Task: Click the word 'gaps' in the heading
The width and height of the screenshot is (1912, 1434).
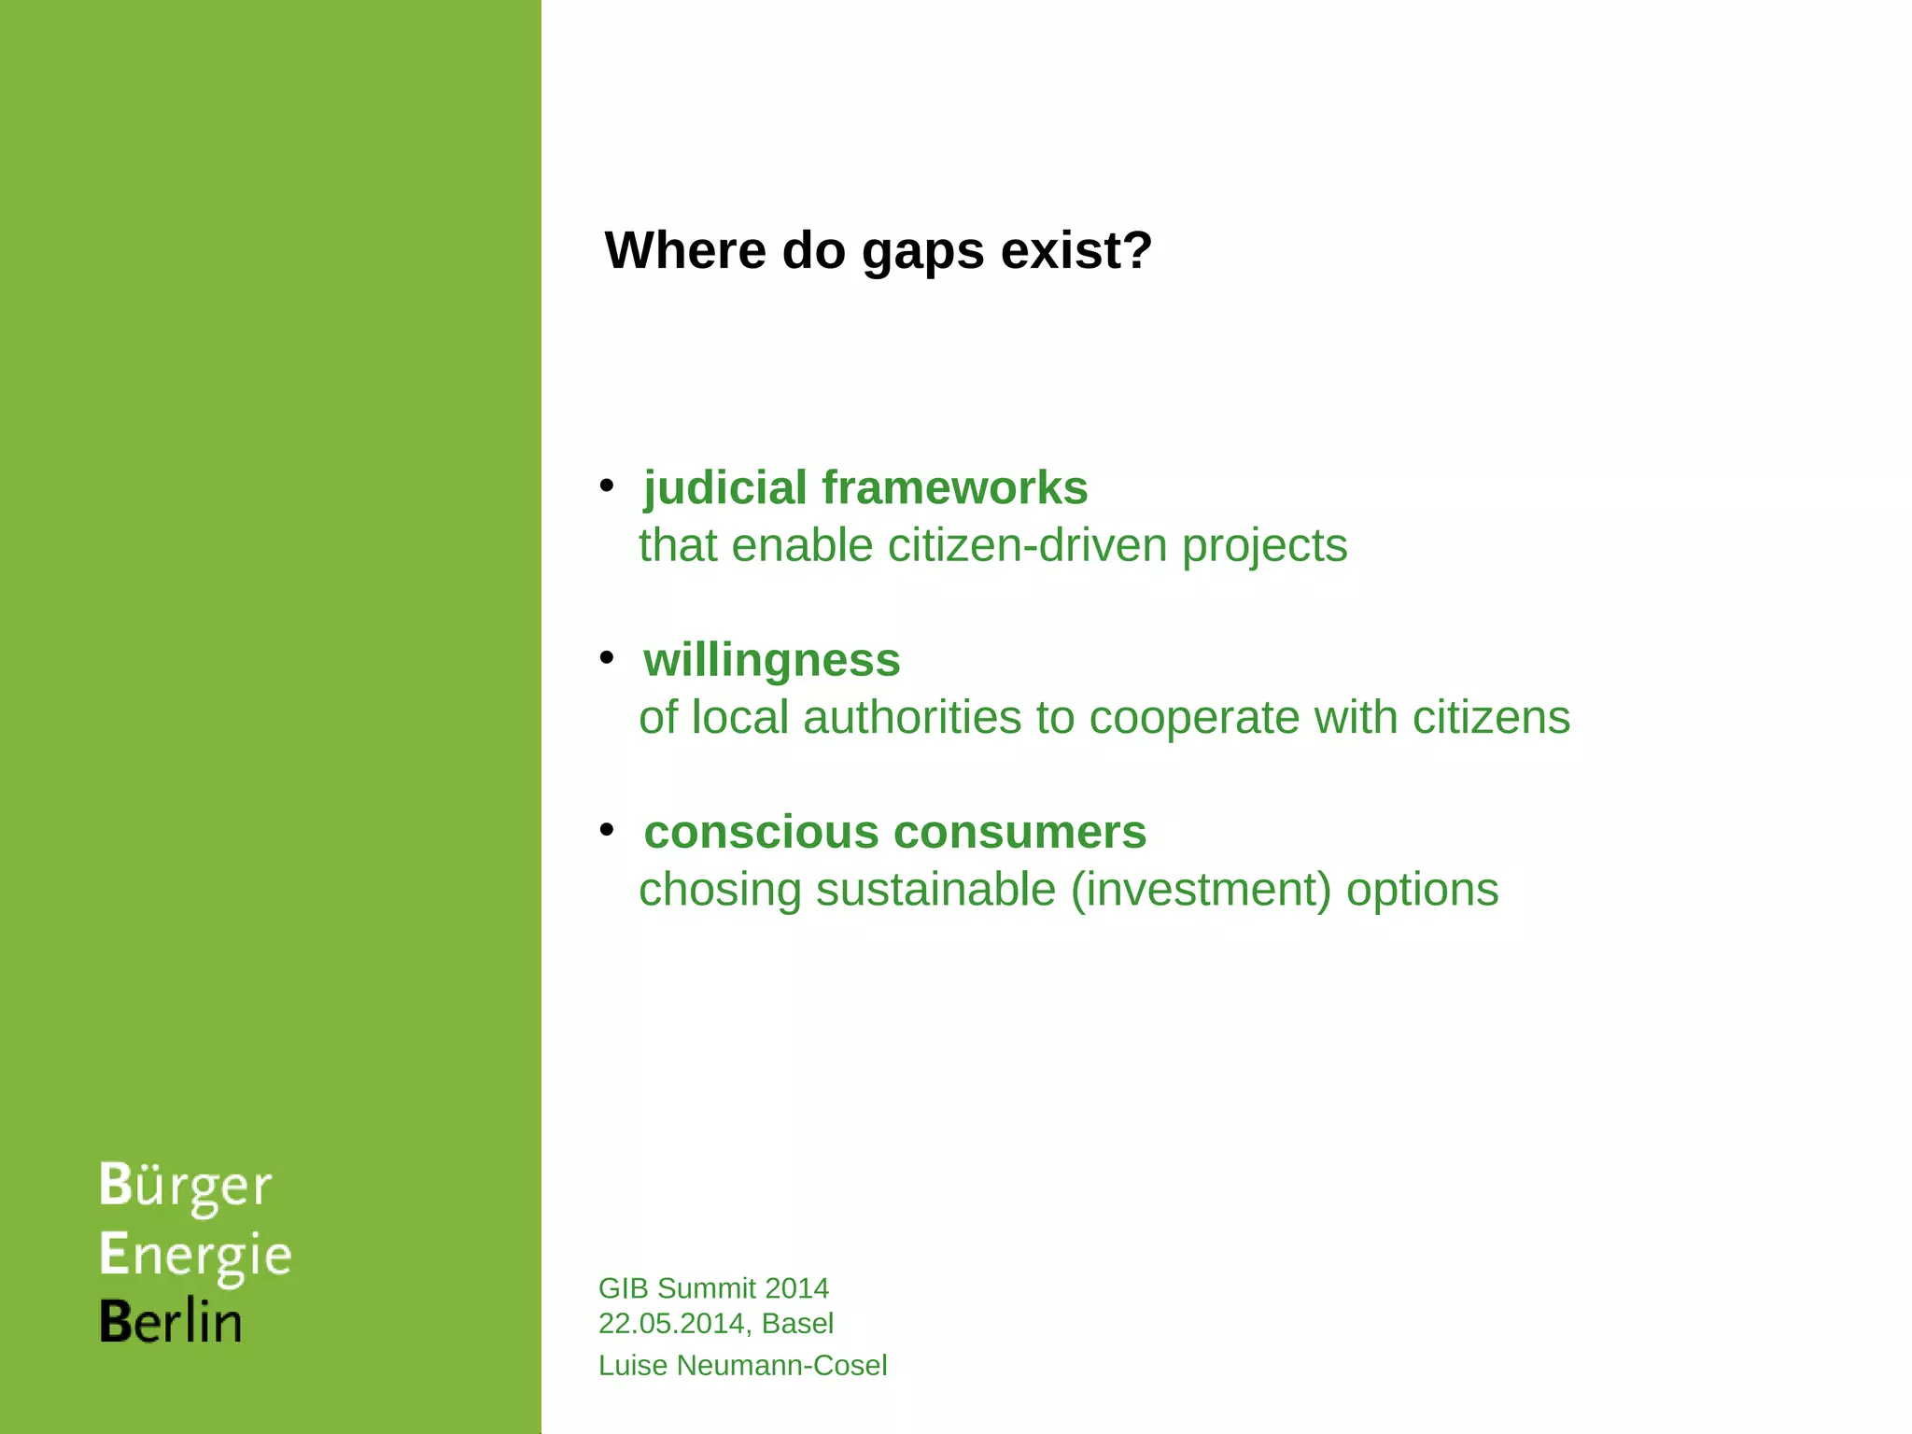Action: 922,252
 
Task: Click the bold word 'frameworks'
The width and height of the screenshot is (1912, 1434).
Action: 954,488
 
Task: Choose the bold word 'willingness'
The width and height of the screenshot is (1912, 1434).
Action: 772,661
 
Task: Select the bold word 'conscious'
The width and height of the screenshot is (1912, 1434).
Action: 762,833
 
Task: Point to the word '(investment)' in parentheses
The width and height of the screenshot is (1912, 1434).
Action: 1201,890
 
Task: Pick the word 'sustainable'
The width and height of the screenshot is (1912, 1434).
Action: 935,890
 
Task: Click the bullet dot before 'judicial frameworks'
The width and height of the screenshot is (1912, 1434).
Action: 607,485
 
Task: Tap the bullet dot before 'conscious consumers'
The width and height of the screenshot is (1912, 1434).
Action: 607,829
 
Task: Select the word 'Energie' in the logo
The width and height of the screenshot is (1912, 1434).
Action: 195,1256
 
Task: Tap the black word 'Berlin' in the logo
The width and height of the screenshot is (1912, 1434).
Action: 171,1322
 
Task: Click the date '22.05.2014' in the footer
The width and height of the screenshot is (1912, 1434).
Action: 672,1324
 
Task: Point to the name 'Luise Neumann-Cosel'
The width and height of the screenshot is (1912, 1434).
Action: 742,1366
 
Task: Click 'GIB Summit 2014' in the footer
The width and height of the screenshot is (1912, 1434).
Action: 713,1288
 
